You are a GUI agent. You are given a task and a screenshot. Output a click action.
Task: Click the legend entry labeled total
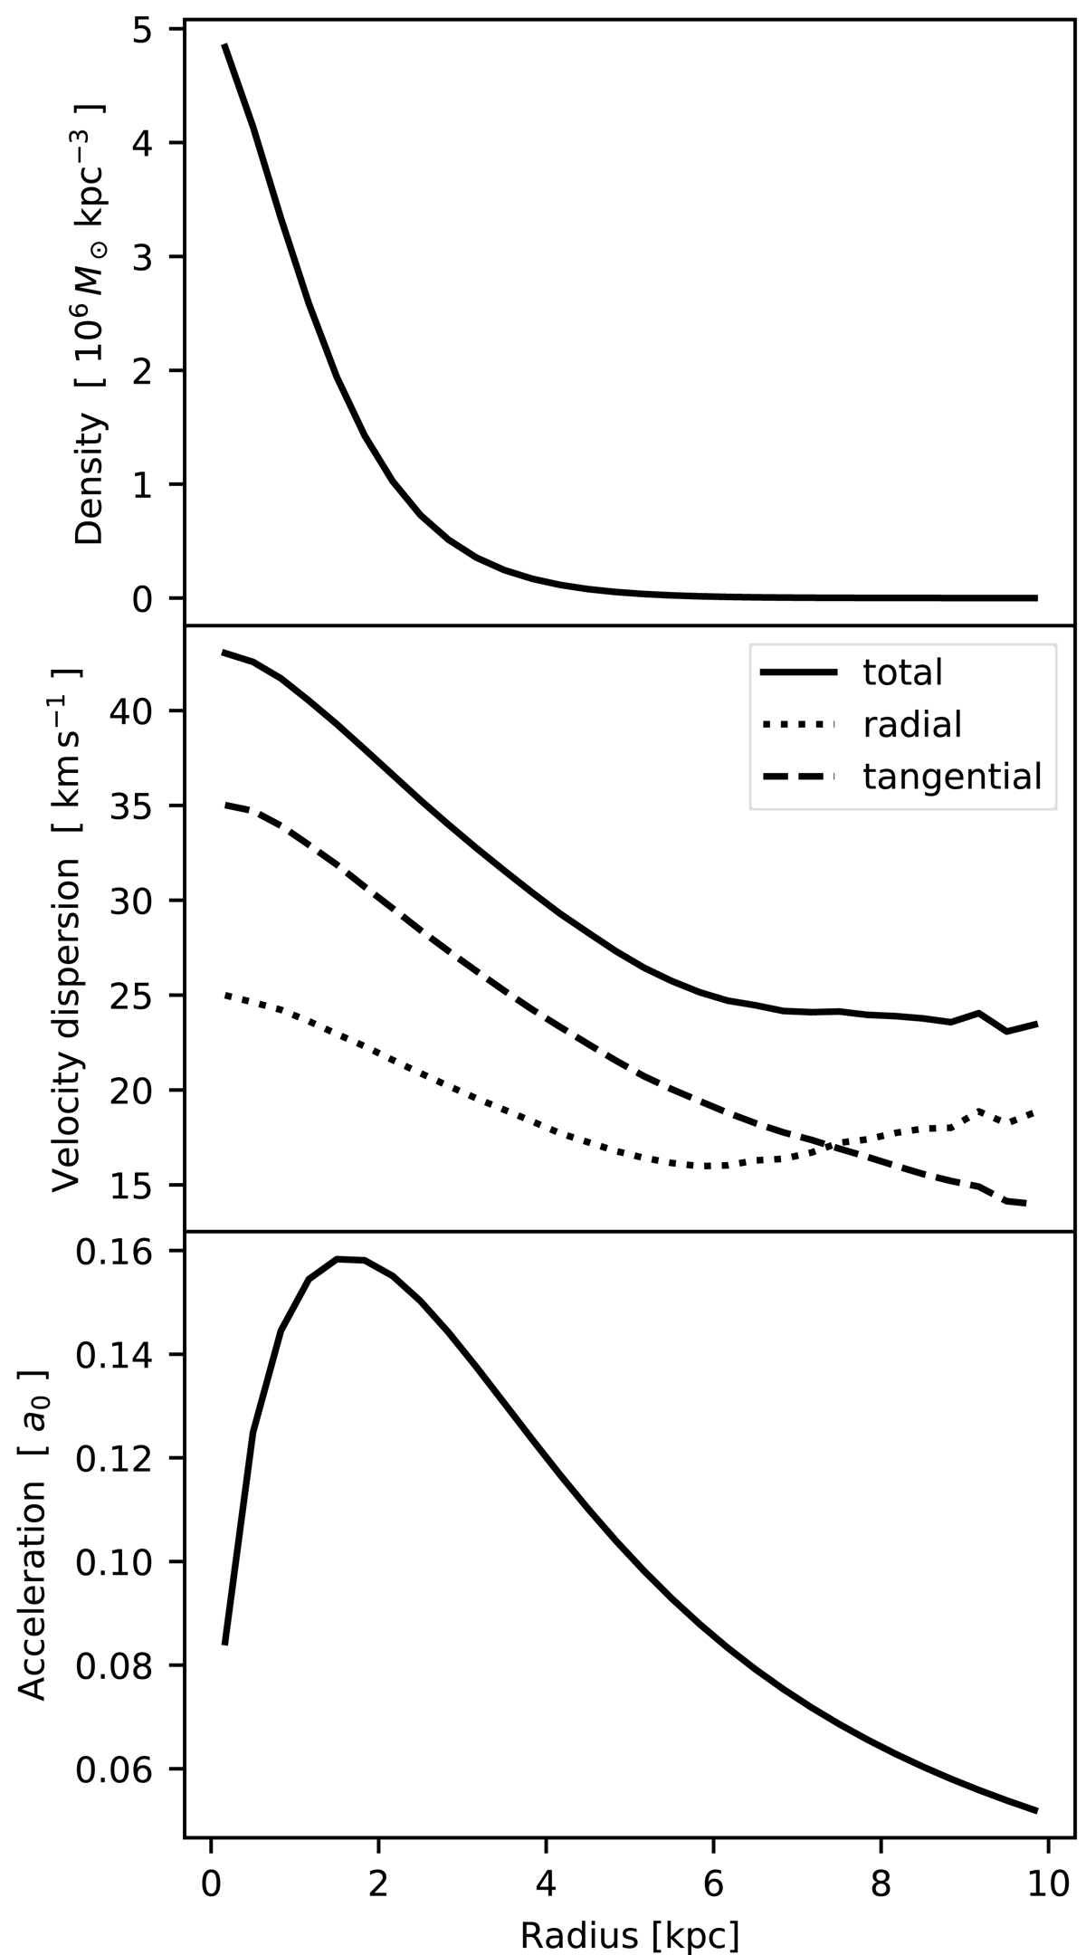pyautogui.click(x=903, y=672)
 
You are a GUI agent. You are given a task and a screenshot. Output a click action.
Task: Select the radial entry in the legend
pyautogui.click(x=911, y=724)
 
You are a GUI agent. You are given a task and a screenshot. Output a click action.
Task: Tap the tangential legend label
pyautogui.click(x=952, y=777)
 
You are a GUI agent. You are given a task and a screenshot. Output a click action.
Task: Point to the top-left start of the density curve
pyautogui.click(x=224, y=44)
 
